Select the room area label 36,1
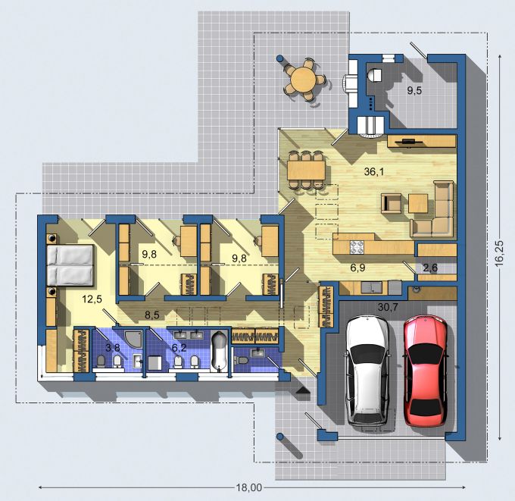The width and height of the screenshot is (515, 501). pyautogui.click(x=374, y=171)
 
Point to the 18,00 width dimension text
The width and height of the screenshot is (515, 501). pyautogui.click(x=249, y=487)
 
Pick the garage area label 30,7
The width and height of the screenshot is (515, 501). pyautogui.click(x=388, y=308)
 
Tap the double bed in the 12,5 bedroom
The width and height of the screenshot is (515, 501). pyautogui.click(x=70, y=265)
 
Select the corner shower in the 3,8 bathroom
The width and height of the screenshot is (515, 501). pyautogui.click(x=135, y=339)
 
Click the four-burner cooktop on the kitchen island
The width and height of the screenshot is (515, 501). pyautogui.click(x=357, y=247)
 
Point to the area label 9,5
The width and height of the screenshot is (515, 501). pyautogui.click(x=414, y=90)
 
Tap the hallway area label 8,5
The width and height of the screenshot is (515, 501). pyautogui.click(x=152, y=315)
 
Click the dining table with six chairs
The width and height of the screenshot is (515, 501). pyautogui.click(x=307, y=170)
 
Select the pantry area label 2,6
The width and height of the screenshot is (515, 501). pyautogui.click(x=430, y=268)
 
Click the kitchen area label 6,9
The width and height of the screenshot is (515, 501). pyautogui.click(x=357, y=268)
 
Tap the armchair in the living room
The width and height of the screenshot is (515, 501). pyautogui.click(x=392, y=203)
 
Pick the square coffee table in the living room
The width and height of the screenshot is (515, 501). pyautogui.click(x=418, y=203)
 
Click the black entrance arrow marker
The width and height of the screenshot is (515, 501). pyautogui.click(x=302, y=390)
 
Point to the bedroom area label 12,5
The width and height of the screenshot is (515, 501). pyautogui.click(x=92, y=299)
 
